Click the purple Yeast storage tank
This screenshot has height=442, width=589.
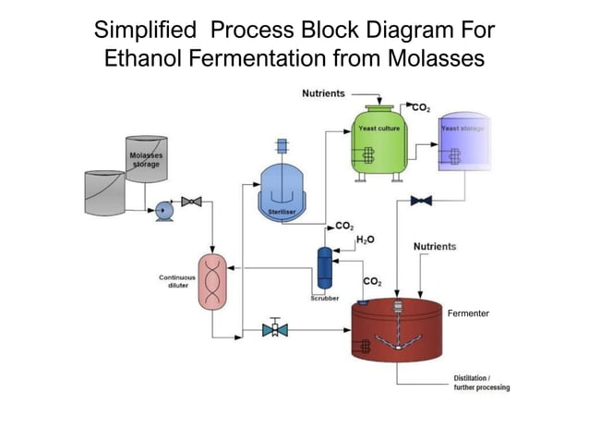(x=463, y=143)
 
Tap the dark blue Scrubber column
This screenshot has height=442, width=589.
(x=324, y=269)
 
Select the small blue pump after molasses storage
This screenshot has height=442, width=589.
(x=164, y=211)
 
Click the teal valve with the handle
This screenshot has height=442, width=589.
(x=274, y=328)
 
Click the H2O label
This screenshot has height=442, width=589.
(x=365, y=239)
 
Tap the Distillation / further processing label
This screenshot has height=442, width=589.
(x=481, y=383)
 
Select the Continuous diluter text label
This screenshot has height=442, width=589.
(x=176, y=281)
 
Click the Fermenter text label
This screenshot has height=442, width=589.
(x=468, y=313)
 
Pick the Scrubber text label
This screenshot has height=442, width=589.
(x=324, y=299)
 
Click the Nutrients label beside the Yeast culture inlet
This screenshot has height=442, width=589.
(x=323, y=93)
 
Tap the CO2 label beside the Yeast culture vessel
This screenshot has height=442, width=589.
(x=420, y=108)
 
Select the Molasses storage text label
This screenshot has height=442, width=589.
(x=145, y=159)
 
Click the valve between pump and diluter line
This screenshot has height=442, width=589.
(x=192, y=202)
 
